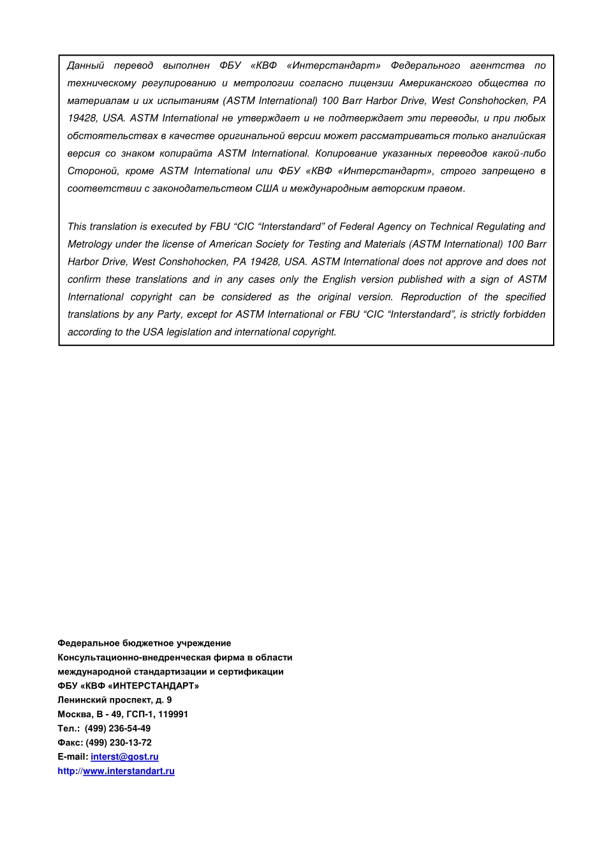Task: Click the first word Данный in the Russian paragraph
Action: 85,66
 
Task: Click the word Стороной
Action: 92,171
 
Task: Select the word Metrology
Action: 90,244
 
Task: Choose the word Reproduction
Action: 431,297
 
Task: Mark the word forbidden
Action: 524,315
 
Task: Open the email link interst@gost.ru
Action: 124,757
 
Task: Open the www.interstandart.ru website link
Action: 128,771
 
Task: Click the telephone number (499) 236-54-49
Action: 117,729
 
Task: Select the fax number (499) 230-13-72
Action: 119,743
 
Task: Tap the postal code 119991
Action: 173,714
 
